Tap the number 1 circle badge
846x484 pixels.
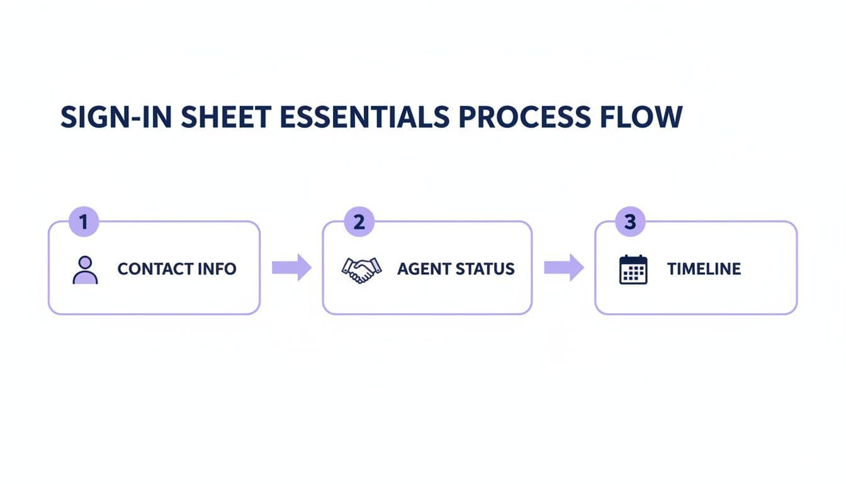point(83,222)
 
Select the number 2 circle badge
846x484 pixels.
point(359,222)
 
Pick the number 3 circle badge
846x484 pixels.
point(631,222)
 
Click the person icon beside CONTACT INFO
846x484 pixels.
point(85,269)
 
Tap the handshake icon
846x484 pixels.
point(361,269)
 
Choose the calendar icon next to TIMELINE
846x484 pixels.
point(633,269)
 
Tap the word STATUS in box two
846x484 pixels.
point(486,269)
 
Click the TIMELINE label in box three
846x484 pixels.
point(704,269)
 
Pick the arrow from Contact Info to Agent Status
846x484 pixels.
point(291,268)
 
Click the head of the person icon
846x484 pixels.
point(85,262)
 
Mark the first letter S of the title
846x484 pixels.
point(67,118)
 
